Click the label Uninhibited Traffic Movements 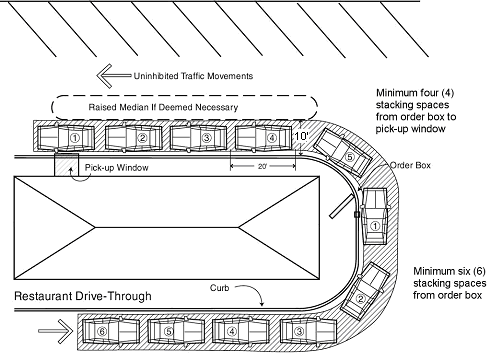(x=193, y=76)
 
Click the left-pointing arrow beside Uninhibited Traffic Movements (x=114, y=76)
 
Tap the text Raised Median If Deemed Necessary (x=163, y=107)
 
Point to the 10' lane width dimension (x=301, y=136)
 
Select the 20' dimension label (x=262, y=166)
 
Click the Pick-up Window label (x=116, y=167)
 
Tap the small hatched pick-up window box (x=67, y=165)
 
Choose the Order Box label (x=410, y=165)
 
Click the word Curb (x=219, y=288)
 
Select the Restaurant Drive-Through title (x=83, y=296)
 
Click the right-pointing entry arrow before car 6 (x=55, y=331)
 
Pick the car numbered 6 (x=111, y=331)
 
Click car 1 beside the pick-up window (x=66, y=138)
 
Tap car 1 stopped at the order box (x=376, y=216)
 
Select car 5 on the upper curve (x=343, y=153)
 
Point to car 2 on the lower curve (x=365, y=291)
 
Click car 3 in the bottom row (x=308, y=331)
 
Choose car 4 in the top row (x=263, y=138)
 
